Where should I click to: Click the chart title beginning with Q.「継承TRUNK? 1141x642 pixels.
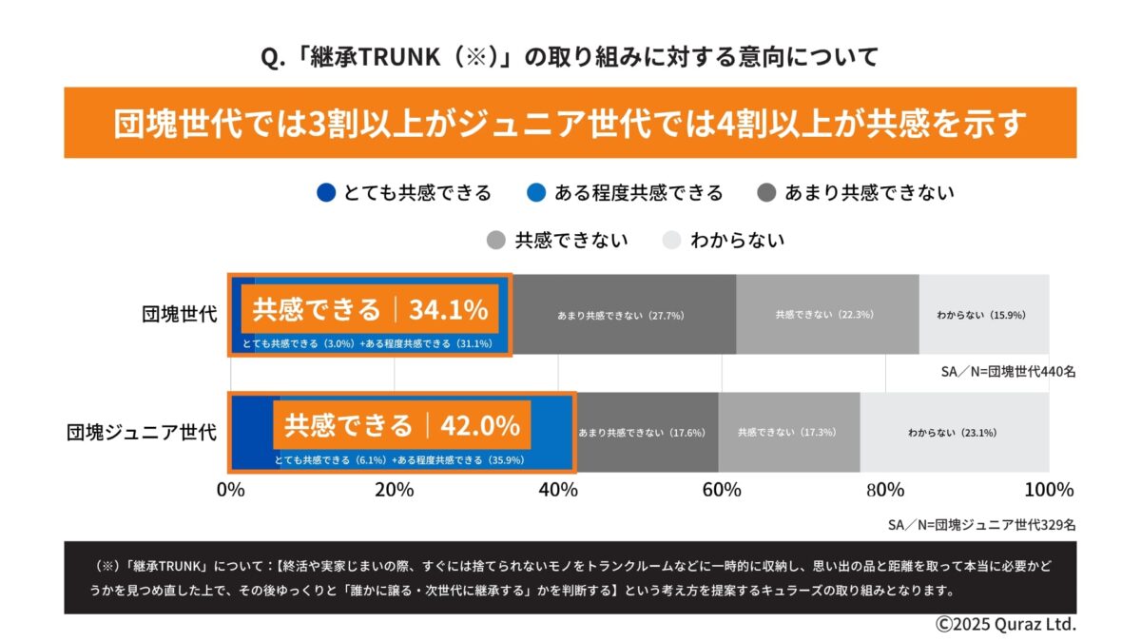pos(570,57)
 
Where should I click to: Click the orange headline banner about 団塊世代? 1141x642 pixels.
pos(570,124)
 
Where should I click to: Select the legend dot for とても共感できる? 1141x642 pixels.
pos(326,193)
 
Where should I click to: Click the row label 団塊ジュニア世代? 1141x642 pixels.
pos(142,433)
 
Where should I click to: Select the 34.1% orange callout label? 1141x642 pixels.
pos(370,309)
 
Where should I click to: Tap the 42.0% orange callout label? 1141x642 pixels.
pos(401,424)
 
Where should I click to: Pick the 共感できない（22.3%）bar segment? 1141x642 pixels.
pos(825,315)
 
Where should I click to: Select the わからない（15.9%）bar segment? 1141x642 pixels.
pos(982,315)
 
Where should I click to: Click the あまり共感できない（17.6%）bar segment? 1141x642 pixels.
pos(646,433)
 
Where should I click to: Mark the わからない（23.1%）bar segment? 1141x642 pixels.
pos(954,433)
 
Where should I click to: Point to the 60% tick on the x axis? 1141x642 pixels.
pos(722,491)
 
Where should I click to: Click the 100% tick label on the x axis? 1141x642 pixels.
pos(1048,491)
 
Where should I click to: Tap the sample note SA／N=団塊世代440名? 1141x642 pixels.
pos(1008,372)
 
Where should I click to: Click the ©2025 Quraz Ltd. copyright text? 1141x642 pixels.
pos(1005,625)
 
